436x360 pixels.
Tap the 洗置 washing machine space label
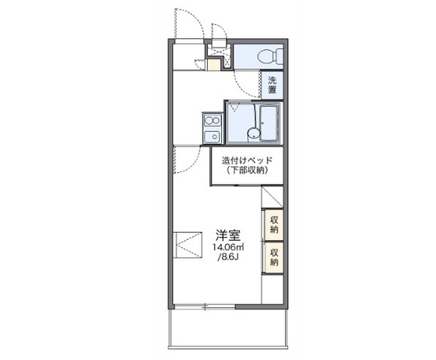tap(272, 84)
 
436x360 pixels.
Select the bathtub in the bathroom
tap(269, 122)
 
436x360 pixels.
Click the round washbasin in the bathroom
tap(251, 134)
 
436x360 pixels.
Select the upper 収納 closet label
tap(274, 225)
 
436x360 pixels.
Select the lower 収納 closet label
tap(274, 257)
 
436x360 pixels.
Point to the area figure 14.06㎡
tap(228, 247)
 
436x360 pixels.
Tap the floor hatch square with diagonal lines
tap(186, 244)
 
